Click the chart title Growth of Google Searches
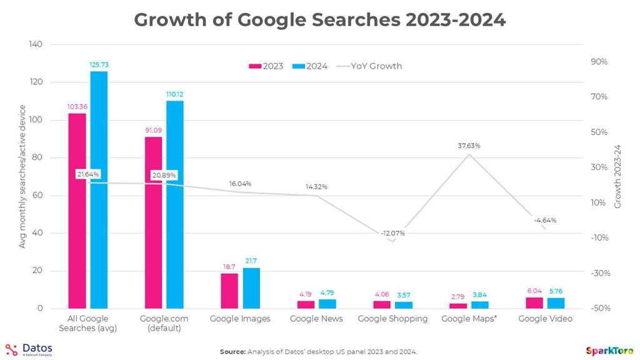pyautogui.click(x=319, y=19)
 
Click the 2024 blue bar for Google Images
pyautogui.click(x=251, y=288)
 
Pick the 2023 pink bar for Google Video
pyautogui.click(x=534, y=302)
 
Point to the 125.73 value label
pyautogui.click(x=99, y=64)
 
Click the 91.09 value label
pyautogui.click(x=153, y=131)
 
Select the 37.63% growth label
pyautogui.click(x=469, y=146)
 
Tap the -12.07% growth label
pyautogui.click(x=392, y=233)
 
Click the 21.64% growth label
pyautogui.click(x=88, y=174)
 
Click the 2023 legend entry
pyautogui.click(x=266, y=66)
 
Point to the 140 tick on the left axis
pyautogui.click(x=36, y=45)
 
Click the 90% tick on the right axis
pyautogui.click(x=598, y=62)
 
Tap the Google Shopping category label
pyautogui.click(x=392, y=319)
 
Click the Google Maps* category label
pyautogui.click(x=469, y=319)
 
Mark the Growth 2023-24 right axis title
pyautogui.click(x=618, y=177)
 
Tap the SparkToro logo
pyautogui.click(x=609, y=350)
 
